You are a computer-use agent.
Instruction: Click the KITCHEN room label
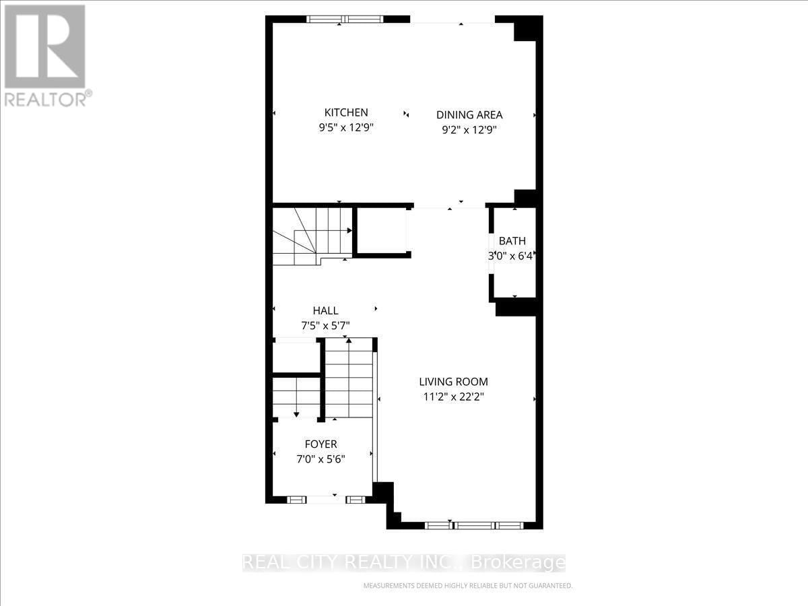pos(346,112)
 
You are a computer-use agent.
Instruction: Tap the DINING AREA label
pos(469,115)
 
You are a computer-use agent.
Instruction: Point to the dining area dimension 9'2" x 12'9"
pos(469,131)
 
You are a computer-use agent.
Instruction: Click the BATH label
pos(512,241)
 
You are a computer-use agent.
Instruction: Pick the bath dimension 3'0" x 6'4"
pos(512,256)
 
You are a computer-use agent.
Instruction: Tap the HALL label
pos(325,310)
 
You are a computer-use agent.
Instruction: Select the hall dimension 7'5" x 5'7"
pos(325,326)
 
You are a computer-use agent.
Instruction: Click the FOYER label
pos(321,444)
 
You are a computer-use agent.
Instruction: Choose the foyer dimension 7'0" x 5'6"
pos(321,460)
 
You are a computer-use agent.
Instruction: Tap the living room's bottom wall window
pos(474,525)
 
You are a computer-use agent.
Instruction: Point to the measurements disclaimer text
pos(467,586)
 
